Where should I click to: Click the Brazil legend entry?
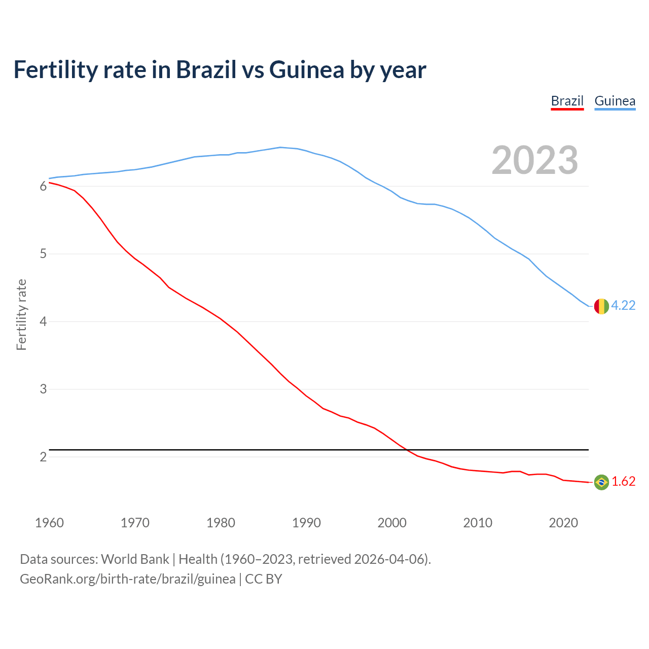point(567,101)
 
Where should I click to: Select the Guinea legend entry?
point(615,101)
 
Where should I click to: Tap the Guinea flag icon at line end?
point(601,306)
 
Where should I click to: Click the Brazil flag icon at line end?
point(601,482)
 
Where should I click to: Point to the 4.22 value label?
point(623,305)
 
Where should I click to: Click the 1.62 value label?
point(623,481)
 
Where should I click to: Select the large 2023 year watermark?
point(535,160)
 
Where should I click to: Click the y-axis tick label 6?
point(43,186)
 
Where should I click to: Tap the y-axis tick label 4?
point(43,321)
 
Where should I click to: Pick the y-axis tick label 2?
point(43,457)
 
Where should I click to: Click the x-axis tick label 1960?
point(49,523)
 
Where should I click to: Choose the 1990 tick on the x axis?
point(306,523)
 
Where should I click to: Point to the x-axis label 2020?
point(563,523)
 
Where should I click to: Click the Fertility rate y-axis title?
point(21,314)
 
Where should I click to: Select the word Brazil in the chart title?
point(206,69)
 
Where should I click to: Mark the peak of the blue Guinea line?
point(280,148)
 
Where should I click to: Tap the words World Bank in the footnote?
point(135,559)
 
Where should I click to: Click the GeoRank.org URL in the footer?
point(128,579)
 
